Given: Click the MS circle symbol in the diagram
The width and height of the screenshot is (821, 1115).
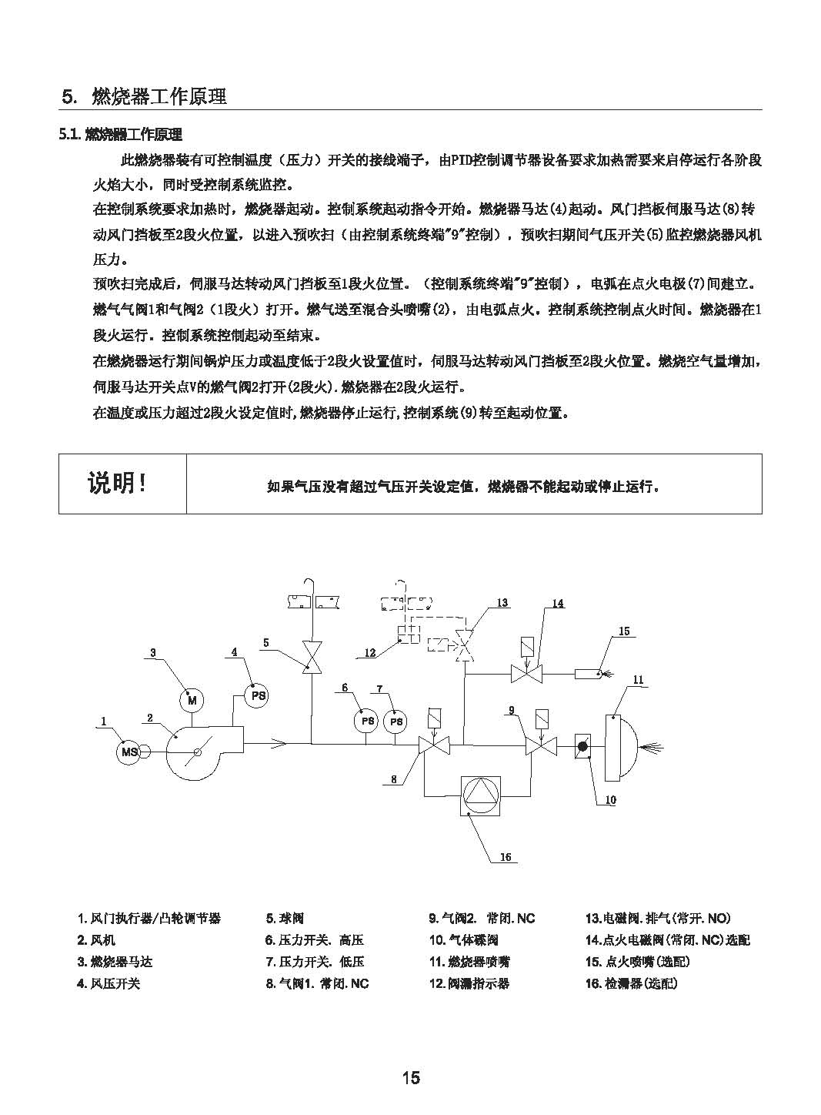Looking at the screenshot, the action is pyautogui.click(x=128, y=751).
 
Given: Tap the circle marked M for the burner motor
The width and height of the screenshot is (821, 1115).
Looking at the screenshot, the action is pyautogui.click(x=192, y=701).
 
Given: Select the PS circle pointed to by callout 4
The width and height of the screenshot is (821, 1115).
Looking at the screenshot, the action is pyautogui.click(x=257, y=695).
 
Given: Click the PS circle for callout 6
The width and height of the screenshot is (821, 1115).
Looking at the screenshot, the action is pyautogui.click(x=366, y=721).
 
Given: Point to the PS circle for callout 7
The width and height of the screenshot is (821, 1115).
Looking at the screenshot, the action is pyautogui.click(x=395, y=722).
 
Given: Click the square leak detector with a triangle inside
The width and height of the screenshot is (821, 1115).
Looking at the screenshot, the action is pyautogui.click(x=480, y=795).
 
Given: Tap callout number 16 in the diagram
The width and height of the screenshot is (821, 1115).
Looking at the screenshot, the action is pyautogui.click(x=506, y=857).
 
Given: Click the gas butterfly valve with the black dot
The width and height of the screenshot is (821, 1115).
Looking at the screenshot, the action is pyautogui.click(x=582, y=746).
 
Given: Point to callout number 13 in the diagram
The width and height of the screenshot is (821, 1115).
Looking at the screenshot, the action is pyautogui.click(x=502, y=603).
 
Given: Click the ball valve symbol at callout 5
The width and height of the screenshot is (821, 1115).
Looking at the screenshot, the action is pyautogui.click(x=312, y=657).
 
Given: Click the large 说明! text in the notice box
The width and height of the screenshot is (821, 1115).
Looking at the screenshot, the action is pyautogui.click(x=118, y=482).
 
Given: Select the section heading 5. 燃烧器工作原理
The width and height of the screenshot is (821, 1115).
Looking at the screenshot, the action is pyautogui.click(x=144, y=96).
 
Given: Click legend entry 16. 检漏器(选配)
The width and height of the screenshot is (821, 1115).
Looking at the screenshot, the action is pyautogui.click(x=632, y=983).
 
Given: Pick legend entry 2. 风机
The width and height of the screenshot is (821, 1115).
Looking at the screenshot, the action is pyautogui.click(x=96, y=939).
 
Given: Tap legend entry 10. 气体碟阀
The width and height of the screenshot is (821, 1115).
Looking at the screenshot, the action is pyautogui.click(x=463, y=939).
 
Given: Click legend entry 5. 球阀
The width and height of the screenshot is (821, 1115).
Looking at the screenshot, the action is pyautogui.click(x=285, y=918).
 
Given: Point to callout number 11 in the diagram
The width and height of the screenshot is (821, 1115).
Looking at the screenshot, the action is pyautogui.click(x=638, y=680).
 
